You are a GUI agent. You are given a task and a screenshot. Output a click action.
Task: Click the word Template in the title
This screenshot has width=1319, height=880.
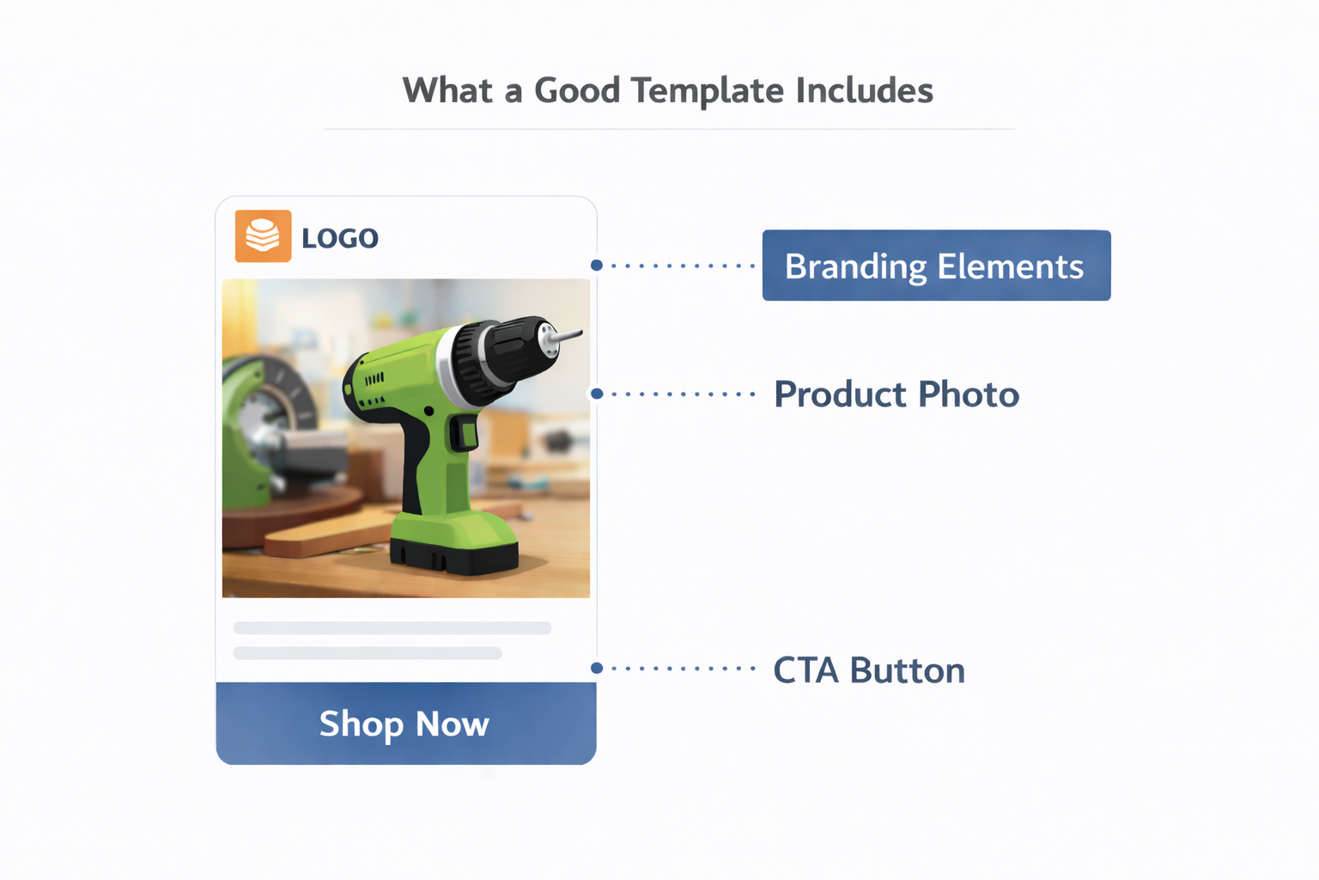(707, 91)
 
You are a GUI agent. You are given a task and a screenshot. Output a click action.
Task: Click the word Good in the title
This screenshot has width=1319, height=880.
(576, 91)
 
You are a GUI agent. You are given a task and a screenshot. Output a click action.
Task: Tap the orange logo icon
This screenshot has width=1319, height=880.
(263, 235)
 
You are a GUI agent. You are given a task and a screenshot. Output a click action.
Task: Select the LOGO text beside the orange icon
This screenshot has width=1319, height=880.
(340, 238)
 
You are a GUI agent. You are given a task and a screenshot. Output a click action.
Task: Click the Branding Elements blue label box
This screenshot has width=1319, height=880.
(935, 266)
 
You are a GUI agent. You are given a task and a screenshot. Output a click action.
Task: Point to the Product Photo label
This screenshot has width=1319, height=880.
(896, 394)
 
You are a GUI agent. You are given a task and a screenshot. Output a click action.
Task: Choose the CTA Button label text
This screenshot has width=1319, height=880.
(868, 670)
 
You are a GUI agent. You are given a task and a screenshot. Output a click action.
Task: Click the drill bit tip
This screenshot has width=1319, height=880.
(574, 333)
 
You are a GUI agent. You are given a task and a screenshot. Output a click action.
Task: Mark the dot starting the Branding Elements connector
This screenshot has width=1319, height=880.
(597, 266)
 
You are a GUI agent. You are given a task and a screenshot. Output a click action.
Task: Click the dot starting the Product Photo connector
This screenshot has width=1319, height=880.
(597, 394)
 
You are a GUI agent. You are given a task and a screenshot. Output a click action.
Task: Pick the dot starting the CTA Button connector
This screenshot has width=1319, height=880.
(597, 668)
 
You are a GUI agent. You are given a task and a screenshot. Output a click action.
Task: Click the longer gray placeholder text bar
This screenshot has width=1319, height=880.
(392, 628)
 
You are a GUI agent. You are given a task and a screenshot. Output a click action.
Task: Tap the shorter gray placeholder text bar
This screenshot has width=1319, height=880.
(368, 653)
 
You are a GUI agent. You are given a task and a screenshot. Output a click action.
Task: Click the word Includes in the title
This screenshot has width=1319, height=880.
(864, 91)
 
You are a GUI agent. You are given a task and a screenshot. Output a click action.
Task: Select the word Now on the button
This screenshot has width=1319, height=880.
(452, 724)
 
